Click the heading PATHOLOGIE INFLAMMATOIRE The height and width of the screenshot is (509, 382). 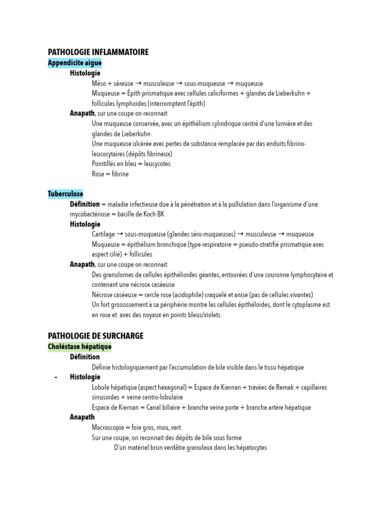click(98, 52)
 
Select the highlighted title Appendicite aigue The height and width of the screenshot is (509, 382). click(75, 63)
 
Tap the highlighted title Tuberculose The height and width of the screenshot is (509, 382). click(66, 194)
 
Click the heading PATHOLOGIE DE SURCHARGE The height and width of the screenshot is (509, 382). click(95, 336)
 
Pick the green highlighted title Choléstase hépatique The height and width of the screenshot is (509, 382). click(80, 346)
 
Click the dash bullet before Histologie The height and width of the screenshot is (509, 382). click(56, 377)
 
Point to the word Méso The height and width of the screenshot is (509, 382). click(98, 84)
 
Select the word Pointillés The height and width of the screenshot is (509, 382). click(105, 164)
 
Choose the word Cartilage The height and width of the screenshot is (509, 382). click(103, 234)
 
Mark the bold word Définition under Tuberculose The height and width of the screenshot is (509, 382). click(85, 204)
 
